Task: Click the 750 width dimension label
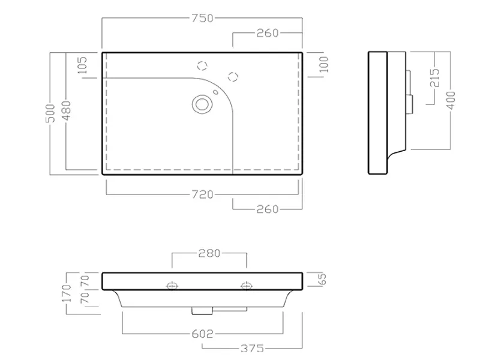point(202,18)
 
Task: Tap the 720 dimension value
point(202,194)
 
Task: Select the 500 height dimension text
point(50,113)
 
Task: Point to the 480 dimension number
point(66,110)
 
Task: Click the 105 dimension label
point(82,65)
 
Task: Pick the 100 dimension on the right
point(323,64)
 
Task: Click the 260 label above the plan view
point(268,33)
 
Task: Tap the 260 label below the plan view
point(268,209)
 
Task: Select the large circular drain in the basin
point(202,104)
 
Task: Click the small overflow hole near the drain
point(215,92)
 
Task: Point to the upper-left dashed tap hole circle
point(202,65)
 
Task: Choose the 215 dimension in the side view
point(434,78)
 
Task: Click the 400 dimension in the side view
point(451,100)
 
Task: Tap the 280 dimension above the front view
point(209,253)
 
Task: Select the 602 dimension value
point(202,334)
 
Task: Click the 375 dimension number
point(252,349)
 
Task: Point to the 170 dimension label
point(67,293)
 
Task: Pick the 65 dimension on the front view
point(323,279)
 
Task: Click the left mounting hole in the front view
point(172,286)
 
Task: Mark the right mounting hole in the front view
point(247,286)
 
